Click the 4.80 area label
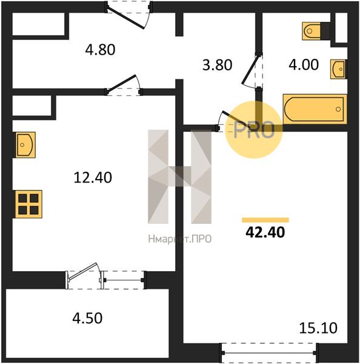click(x=100, y=50)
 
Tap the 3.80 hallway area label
click(x=217, y=65)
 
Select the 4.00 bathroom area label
click(x=304, y=64)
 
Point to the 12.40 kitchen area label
click(x=93, y=178)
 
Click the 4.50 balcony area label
click(x=87, y=318)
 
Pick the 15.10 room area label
click(x=318, y=328)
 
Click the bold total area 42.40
click(x=265, y=232)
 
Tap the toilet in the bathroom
click(x=316, y=31)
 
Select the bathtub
click(x=315, y=109)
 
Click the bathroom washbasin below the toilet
click(x=339, y=69)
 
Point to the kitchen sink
click(x=25, y=145)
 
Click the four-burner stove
click(x=28, y=204)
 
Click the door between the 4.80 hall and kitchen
click(x=124, y=85)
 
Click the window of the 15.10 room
click(x=268, y=352)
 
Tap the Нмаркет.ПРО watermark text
click(x=180, y=239)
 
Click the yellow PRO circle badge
click(x=254, y=130)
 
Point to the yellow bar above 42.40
click(x=265, y=220)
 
